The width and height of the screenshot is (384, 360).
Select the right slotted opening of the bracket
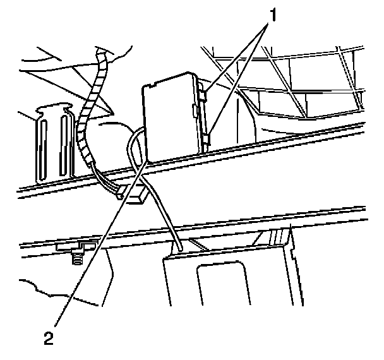[64, 145]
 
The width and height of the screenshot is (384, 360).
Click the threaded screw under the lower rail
[77, 258]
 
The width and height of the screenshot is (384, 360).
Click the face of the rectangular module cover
[169, 117]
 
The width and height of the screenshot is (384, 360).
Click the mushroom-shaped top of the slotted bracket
[53, 109]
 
